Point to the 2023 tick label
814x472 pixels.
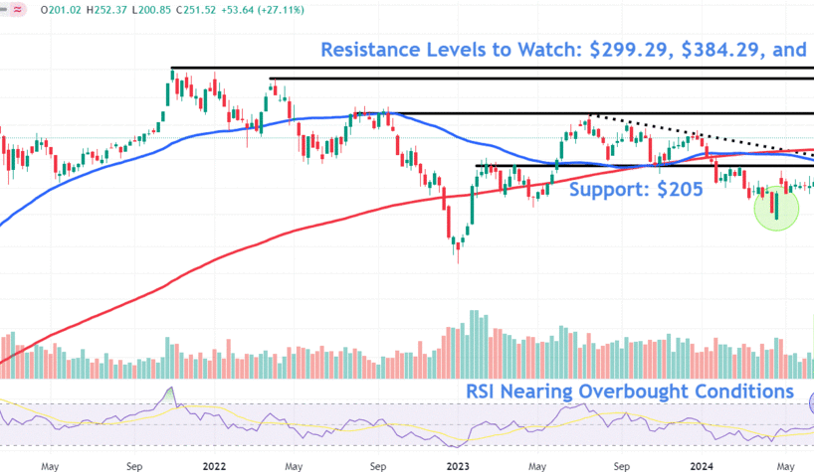[459, 462]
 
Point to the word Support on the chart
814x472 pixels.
[608, 190]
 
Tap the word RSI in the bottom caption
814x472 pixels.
[486, 391]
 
